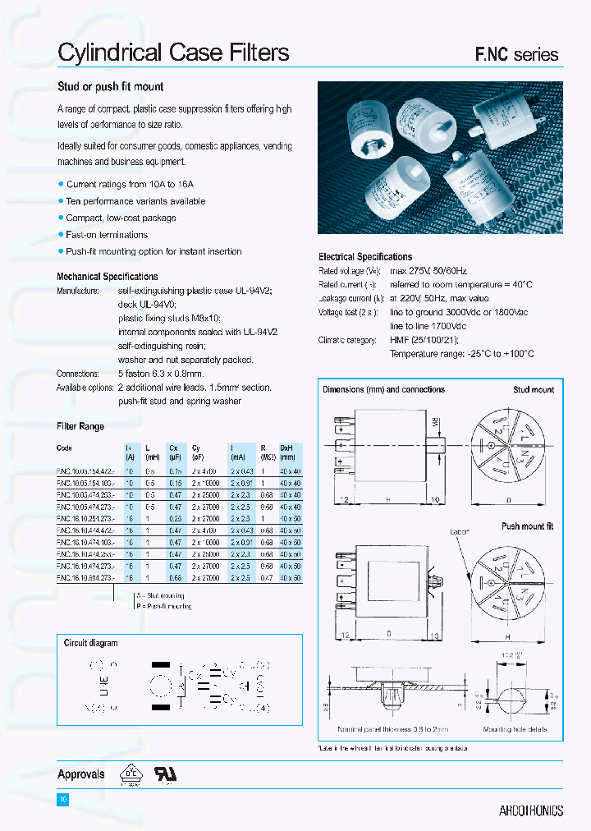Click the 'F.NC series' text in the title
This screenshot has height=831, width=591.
tap(517, 55)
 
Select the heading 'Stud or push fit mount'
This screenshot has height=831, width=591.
tap(110, 86)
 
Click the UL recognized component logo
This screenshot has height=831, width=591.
tap(166, 774)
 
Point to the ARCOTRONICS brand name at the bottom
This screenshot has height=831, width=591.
tap(531, 810)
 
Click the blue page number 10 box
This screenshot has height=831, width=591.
tap(62, 800)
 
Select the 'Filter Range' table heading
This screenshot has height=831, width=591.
tap(80, 426)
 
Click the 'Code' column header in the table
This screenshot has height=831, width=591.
tap(65, 448)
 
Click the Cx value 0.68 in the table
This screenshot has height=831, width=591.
tap(175, 578)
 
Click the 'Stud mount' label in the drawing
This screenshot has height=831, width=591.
tap(534, 390)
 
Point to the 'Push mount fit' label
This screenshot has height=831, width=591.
tap(527, 526)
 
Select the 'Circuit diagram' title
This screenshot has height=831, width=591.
tap(90, 643)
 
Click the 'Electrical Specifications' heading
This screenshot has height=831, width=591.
tap(365, 257)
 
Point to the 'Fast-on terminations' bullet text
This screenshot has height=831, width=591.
tap(108, 235)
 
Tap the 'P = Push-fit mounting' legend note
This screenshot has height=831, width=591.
tap(163, 606)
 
